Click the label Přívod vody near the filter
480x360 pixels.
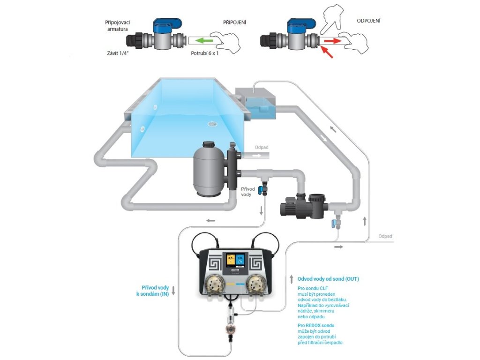click(x=248, y=192)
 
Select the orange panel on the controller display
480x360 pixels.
click(x=231, y=261)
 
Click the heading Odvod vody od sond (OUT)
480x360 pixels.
click(x=328, y=279)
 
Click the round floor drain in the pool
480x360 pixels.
click(x=212, y=124)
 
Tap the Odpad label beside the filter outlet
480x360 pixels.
click(x=262, y=147)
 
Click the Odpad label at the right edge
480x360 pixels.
click(x=385, y=237)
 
